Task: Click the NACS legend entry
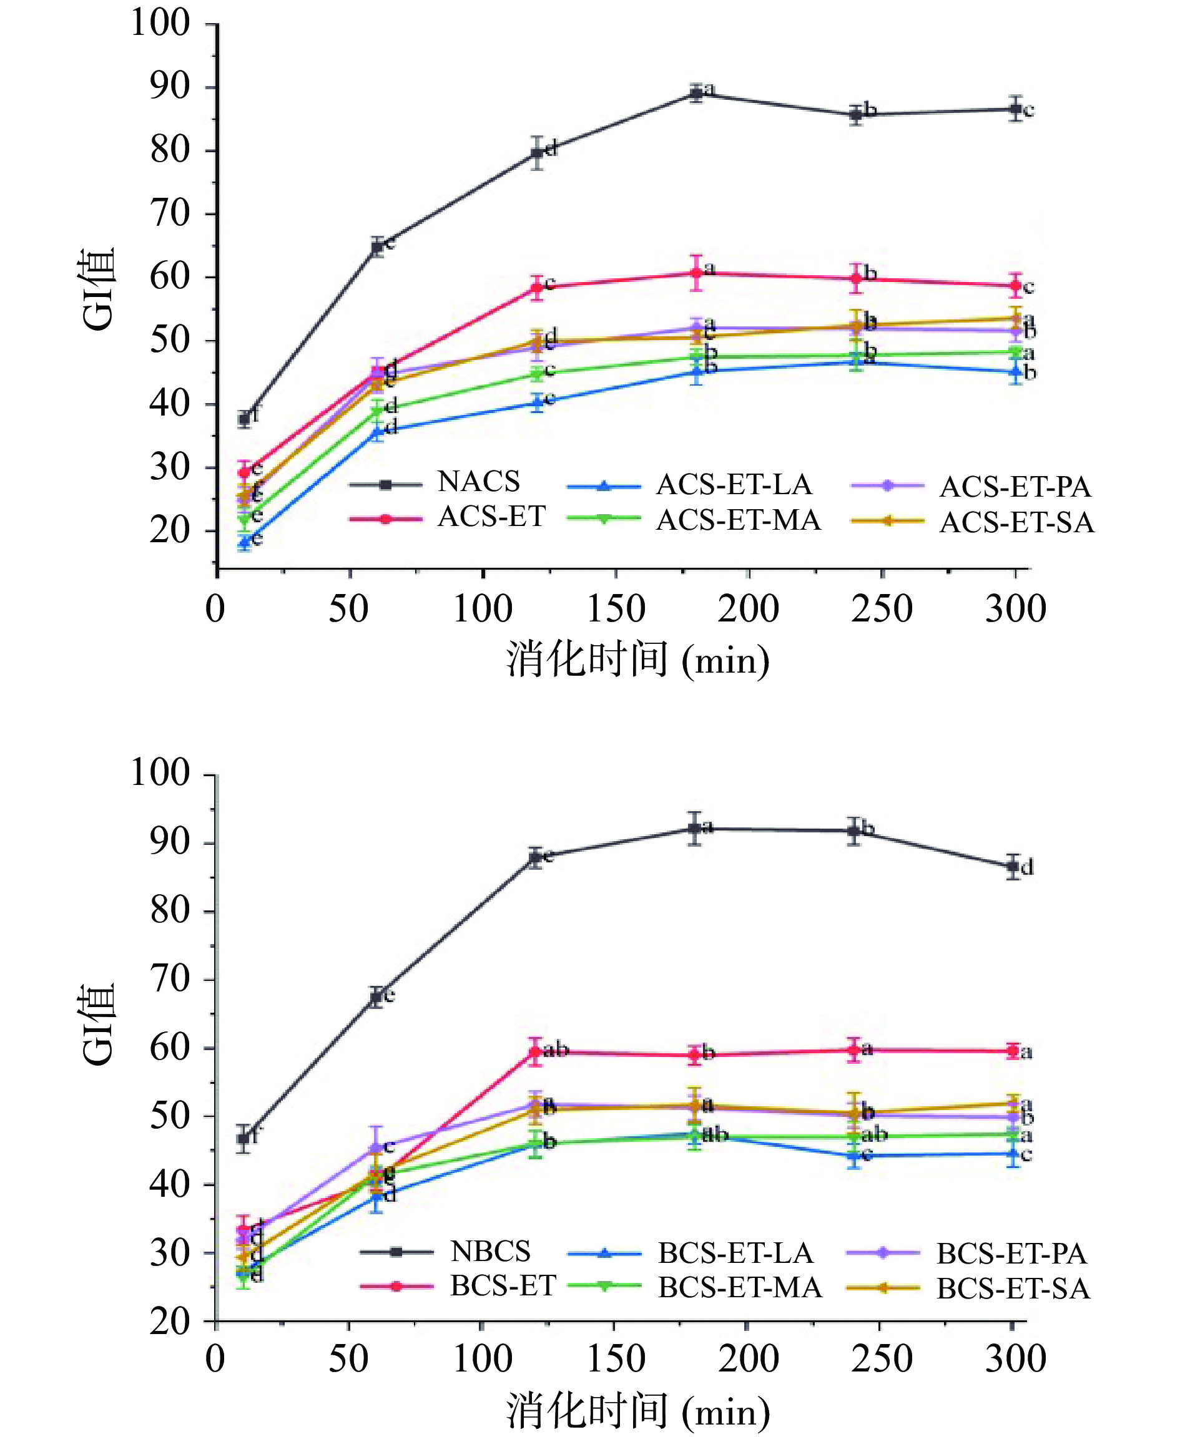point(478,482)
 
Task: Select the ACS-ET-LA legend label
point(734,485)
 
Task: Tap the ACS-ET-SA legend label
point(1016,522)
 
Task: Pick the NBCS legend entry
point(489,1251)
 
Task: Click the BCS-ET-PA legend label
point(1011,1254)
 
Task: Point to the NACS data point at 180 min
point(696,93)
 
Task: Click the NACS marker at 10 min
point(244,419)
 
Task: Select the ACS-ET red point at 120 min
point(537,287)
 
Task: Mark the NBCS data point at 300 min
point(1013,866)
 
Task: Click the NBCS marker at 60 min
point(376,996)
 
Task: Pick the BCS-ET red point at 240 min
point(855,1050)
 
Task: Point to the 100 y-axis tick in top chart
point(160,24)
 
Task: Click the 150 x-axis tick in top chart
point(615,609)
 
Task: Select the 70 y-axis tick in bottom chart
point(170,980)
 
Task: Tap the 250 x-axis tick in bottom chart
point(881,1358)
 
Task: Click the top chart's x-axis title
point(637,660)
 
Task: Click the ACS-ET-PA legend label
point(1015,487)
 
